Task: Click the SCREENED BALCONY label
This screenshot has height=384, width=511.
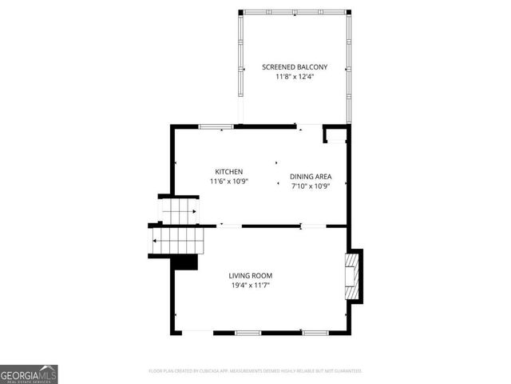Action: [x=295, y=67]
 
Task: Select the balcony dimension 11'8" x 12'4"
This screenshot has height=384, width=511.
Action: [x=295, y=77]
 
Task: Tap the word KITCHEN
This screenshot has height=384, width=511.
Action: [x=228, y=172]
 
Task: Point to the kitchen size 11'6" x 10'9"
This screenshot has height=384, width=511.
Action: [x=228, y=182]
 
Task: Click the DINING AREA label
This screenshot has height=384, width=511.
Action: [x=311, y=177]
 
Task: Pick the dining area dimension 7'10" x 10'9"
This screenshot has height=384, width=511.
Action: [x=311, y=186]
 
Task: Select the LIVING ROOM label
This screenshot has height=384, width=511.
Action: [x=252, y=276]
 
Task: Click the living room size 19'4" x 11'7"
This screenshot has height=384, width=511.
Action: [x=252, y=286]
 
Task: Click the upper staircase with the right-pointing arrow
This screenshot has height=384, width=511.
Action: [x=179, y=212]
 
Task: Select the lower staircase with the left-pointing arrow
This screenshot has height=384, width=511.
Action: [x=177, y=238]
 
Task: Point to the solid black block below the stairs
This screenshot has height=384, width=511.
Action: [x=185, y=262]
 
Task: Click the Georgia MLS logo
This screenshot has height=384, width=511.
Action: [x=29, y=374]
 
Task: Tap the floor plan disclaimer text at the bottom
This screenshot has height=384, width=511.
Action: [x=255, y=371]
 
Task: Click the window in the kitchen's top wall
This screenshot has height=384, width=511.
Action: [x=216, y=126]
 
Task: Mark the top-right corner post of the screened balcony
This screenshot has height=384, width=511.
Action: [x=348, y=11]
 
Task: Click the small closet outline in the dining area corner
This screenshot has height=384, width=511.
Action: [x=335, y=134]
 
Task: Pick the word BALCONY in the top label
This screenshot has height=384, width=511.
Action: [x=312, y=67]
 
